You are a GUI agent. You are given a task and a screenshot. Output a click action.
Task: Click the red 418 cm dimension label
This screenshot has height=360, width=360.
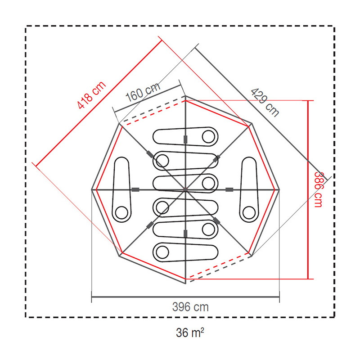pyautogui.click(x=92, y=95)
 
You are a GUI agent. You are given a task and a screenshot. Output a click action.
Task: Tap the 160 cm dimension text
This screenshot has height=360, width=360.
pyautogui.click(x=143, y=92)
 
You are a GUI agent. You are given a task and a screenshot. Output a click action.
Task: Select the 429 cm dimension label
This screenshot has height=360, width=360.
pyautogui.click(x=265, y=103)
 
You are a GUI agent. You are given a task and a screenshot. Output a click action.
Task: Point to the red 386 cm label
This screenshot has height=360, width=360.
pyautogui.click(x=318, y=189)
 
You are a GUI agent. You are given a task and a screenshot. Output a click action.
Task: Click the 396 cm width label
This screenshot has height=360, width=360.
pyautogui.click(x=190, y=307)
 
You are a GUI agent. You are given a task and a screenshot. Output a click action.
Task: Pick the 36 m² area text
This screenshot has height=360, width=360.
pyautogui.click(x=190, y=332)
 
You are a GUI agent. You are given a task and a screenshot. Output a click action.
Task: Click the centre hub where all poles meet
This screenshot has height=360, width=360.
pyautogui.click(x=185, y=189)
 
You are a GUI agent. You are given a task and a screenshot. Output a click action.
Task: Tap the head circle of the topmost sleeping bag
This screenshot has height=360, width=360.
pyautogui.click(x=208, y=137)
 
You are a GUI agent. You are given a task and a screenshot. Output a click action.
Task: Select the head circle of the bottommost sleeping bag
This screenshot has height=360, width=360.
pyautogui.click(x=162, y=252)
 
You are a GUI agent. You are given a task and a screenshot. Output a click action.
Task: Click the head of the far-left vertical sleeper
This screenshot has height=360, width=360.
pyautogui.click(x=121, y=212)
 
